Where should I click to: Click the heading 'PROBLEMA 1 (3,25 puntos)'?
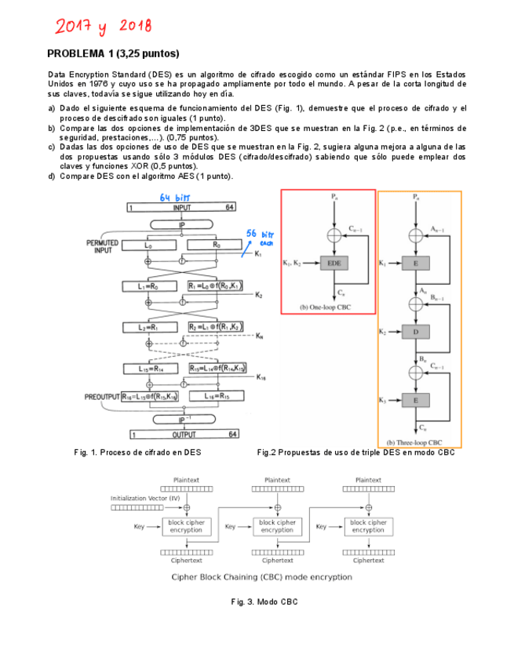coord(114,53)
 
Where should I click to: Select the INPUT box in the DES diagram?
coord(181,208)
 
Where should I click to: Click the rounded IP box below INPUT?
coord(181,224)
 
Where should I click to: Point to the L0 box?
coord(149,245)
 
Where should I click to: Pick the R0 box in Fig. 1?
coord(216,245)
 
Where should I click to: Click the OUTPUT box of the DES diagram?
coord(181,434)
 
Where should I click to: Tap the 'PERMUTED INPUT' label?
coord(102,247)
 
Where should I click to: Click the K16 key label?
coord(261,377)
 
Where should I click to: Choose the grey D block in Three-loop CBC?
coord(415,332)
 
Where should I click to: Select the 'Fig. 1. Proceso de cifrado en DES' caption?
coord(137,452)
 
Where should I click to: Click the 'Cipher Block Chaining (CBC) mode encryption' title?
coord(262,576)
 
